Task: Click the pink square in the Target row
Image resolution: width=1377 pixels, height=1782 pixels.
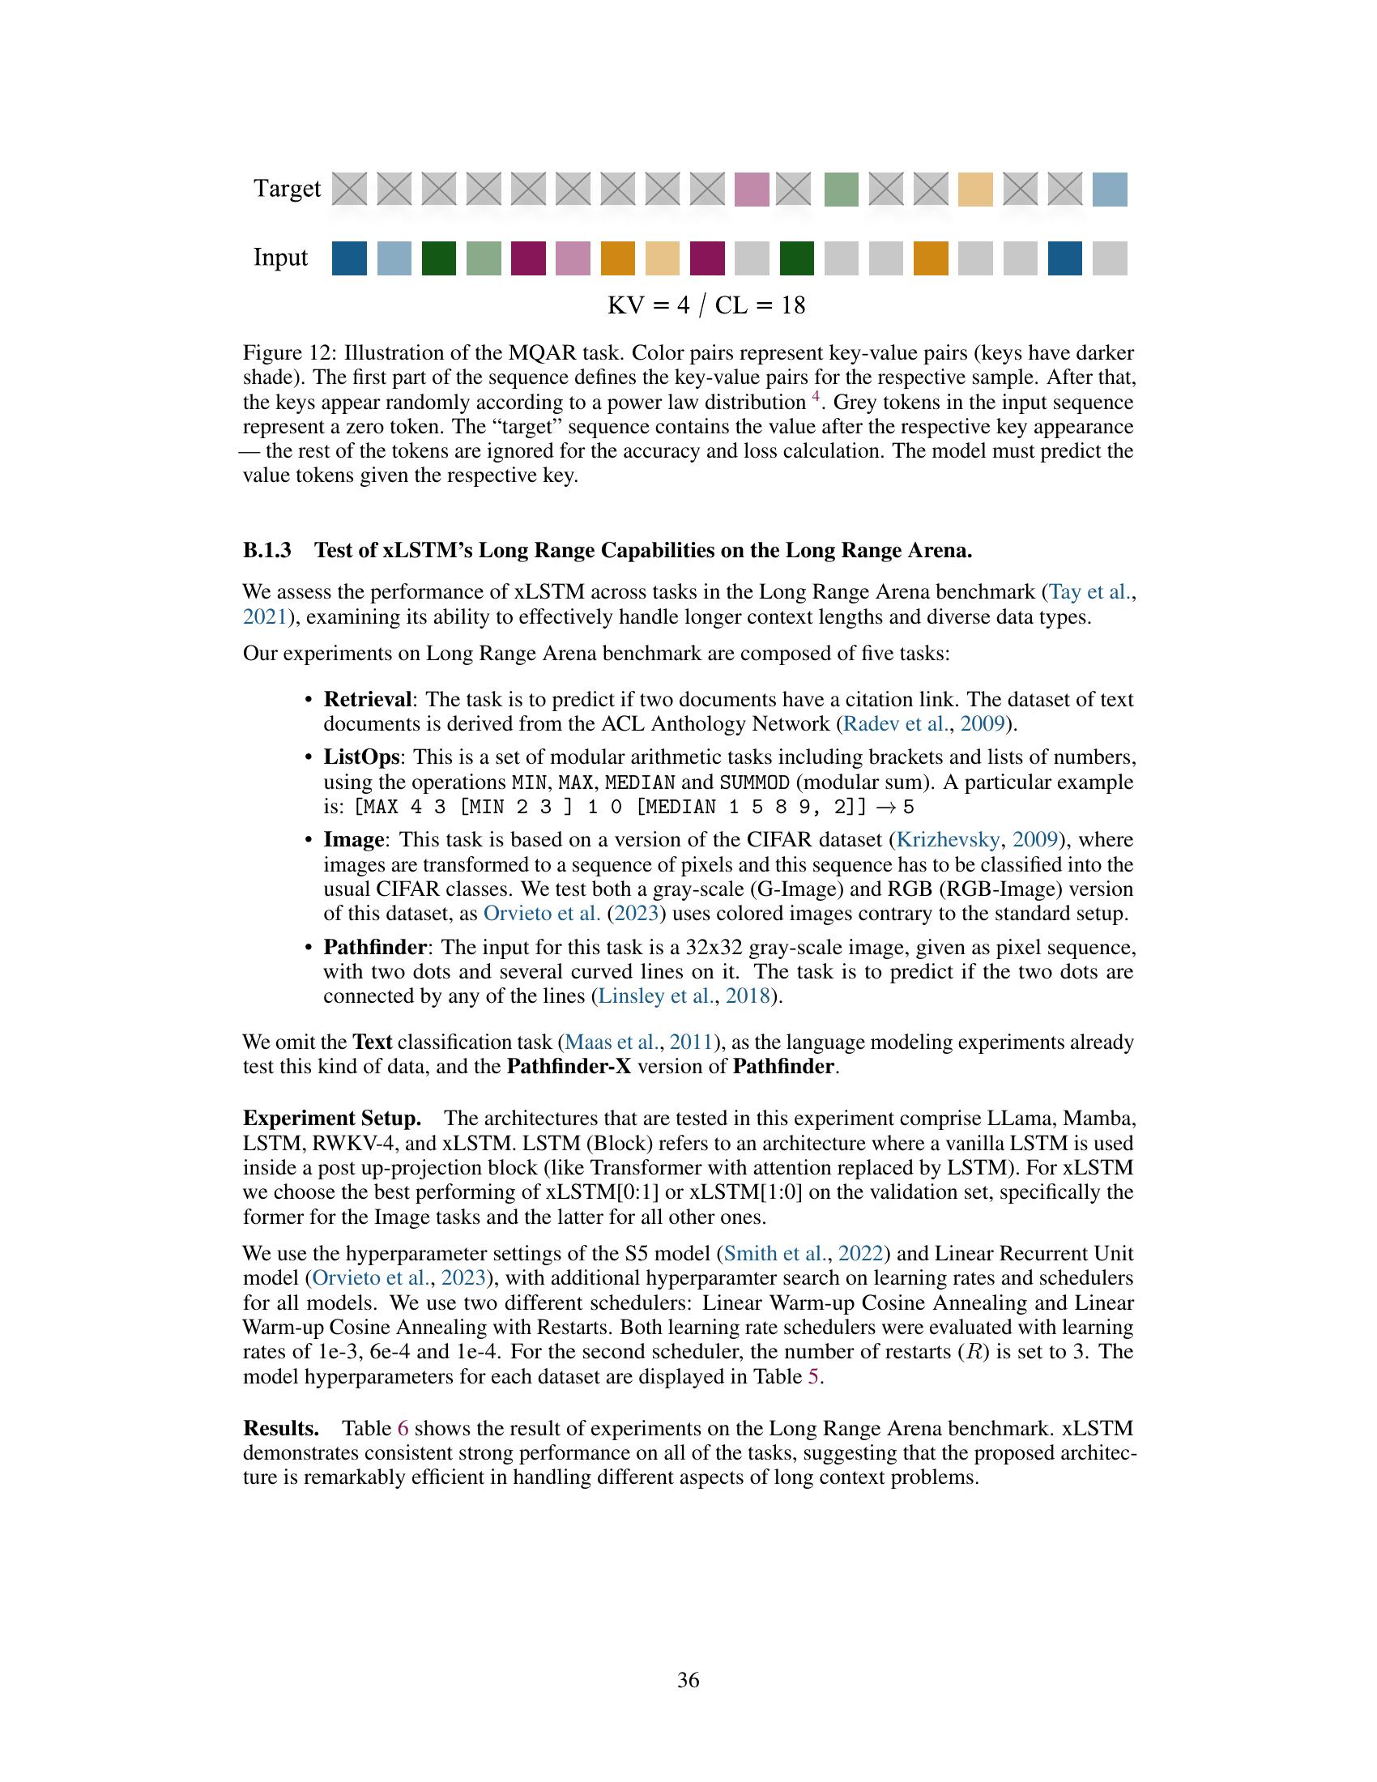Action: (x=752, y=190)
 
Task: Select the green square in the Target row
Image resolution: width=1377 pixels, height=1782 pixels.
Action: (x=841, y=190)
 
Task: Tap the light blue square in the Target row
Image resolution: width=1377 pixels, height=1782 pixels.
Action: (x=1110, y=190)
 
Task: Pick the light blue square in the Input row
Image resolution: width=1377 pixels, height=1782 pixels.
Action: (x=394, y=258)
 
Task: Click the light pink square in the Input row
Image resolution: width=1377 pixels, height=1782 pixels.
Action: (x=573, y=258)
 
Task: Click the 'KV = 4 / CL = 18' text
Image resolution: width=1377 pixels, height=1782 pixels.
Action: (x=706, y=305)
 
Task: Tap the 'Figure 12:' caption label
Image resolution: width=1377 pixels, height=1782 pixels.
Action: (x=290, y=353)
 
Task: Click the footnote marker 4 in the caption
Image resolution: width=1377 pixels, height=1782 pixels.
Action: (x=816, y=399)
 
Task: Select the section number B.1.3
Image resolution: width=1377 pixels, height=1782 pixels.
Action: (x=266, y=551)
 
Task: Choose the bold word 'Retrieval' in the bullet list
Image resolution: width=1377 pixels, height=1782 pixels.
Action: (x=367, y=699)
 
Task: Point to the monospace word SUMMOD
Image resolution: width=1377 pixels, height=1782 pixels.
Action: (x=754, y=782)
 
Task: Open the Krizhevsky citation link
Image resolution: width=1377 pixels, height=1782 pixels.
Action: (x=948, y=840)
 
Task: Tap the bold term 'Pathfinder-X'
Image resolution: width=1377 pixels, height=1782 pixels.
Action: (x=569, y=1067)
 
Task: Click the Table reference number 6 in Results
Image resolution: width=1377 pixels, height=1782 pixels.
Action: (x=403, y=1429)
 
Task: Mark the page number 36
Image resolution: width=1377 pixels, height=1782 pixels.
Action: (x=688, y=1680)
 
